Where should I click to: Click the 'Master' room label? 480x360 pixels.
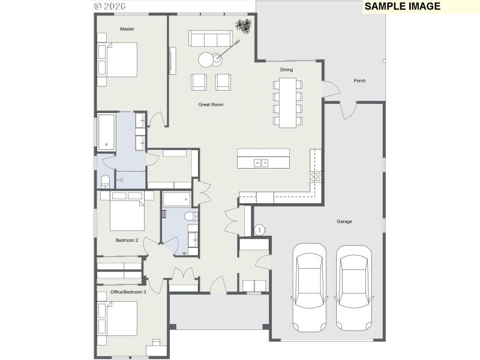click(127, 29)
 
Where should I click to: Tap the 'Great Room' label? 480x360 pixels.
click(211, 104)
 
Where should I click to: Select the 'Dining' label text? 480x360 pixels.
click(286, 70)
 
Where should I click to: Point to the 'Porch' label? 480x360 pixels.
click(359, 80)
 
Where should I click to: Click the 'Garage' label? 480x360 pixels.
click(344, 221)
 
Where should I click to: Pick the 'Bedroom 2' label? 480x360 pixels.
click(127, 240)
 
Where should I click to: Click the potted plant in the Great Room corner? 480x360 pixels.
click(243, 26)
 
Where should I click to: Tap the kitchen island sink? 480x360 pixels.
click(261, 163)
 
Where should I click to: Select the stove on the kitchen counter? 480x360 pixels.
click(315, 176)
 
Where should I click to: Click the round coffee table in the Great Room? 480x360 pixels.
click(207, 59)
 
